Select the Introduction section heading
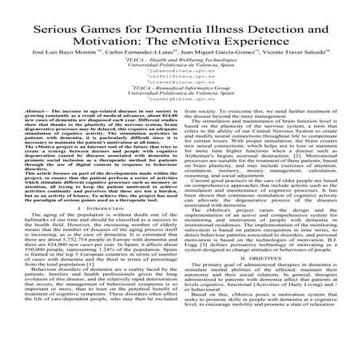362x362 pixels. pyautogui.click(x=94, y=234)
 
